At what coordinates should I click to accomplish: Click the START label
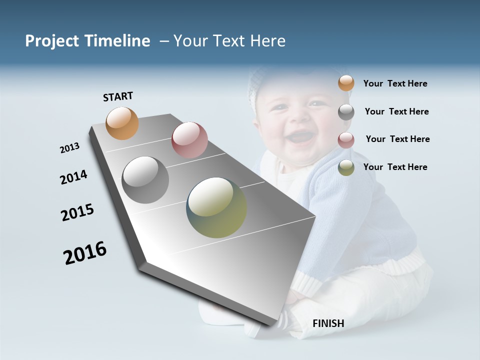point(118,96)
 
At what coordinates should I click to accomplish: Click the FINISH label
point(328,323)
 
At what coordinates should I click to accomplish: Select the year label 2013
point(69,148)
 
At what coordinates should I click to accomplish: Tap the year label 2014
point(73,177)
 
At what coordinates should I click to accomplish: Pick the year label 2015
point(77,212)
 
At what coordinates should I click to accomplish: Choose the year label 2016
point(85,252)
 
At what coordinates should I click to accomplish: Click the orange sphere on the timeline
point(122,123)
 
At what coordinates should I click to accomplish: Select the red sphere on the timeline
point(189,140)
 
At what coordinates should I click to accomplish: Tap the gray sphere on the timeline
point(145,180)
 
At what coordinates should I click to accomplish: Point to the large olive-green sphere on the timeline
point(216,207)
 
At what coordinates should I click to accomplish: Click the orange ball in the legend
point(346,83)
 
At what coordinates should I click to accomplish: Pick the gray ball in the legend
point(346,112)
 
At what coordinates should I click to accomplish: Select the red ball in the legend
point(346,140)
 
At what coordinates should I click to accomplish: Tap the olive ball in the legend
point(346,168)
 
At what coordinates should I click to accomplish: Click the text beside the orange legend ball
point(395,83)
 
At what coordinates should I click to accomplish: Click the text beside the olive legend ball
point(395,167)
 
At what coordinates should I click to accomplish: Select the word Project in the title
point(52,41)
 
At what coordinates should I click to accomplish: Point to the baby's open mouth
point(300,136)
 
